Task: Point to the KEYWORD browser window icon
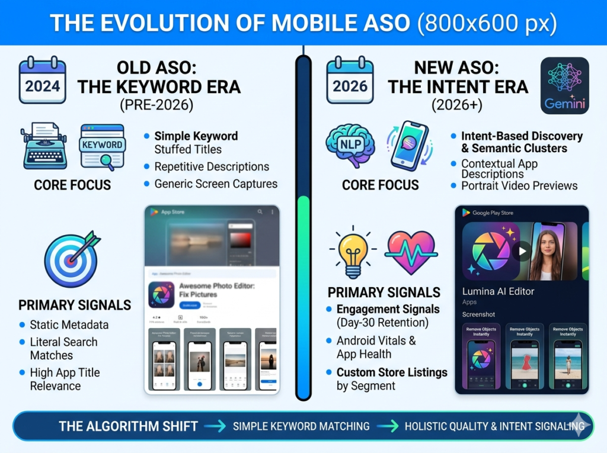(x=103, y=146)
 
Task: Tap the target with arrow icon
(x=71, y=259)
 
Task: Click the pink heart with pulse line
(x=411, y=251)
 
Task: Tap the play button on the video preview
(x=522, y=251)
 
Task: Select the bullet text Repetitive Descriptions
(x=212, y=167)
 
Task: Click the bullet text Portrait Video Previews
(x=519, y=186)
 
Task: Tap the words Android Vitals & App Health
(x=376, y=348)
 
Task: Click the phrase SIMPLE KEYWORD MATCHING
(x=301, y=426)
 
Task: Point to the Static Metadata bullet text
(x=69, y=325)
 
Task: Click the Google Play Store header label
(x=492, y=213)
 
